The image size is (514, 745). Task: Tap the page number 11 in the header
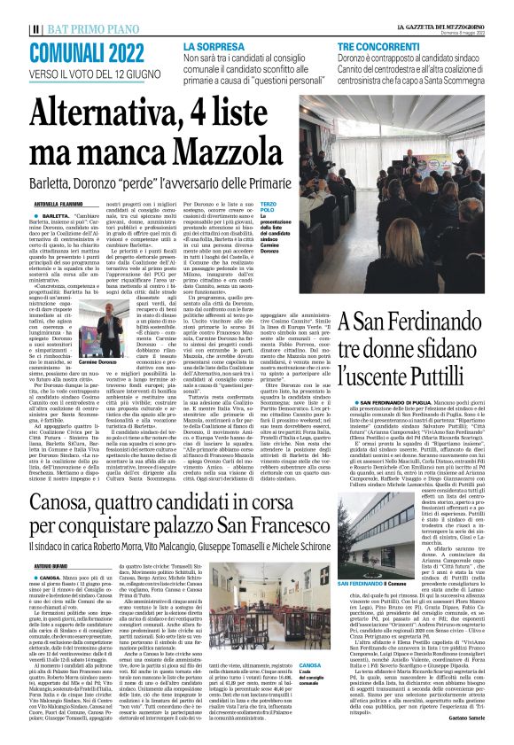[11, 9]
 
